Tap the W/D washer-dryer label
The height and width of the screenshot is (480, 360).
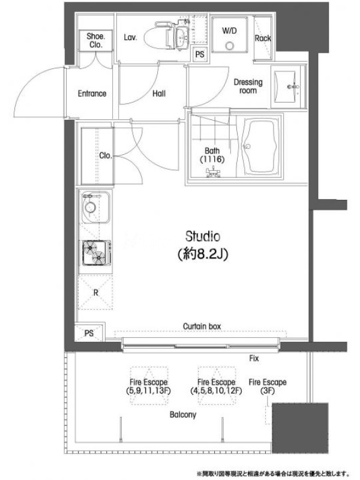229,31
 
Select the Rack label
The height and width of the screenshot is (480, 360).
263,38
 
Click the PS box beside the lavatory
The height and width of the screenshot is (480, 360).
200,55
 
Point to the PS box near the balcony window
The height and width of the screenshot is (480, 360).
89,332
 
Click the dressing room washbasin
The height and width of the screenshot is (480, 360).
287,86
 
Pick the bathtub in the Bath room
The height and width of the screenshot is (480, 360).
261,147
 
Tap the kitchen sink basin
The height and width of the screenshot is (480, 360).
95,207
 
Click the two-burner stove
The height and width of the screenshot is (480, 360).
96,253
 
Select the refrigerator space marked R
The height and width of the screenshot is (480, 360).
95,292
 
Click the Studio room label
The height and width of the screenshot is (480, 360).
203,245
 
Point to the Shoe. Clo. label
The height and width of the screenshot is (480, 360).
96,40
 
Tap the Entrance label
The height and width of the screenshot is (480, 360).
92,94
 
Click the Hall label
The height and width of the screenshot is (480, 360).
159,94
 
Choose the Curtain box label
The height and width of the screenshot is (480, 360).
202,326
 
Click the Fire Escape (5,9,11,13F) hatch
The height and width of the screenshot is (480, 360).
149,386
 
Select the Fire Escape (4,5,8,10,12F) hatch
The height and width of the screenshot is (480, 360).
217,386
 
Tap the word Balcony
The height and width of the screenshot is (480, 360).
183,415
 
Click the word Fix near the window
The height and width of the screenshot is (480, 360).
254,358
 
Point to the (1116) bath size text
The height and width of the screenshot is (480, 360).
212,159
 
